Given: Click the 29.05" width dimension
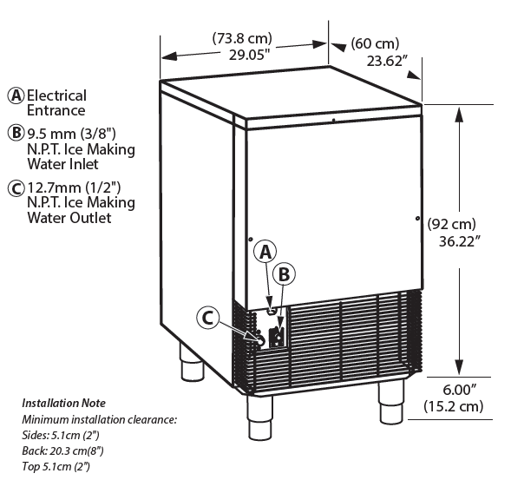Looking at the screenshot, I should tap(242, 54).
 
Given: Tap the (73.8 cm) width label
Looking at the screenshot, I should tap(242, 38).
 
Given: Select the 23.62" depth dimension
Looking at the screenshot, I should tap(387, 60).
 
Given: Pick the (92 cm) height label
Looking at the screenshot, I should tap(452, 224).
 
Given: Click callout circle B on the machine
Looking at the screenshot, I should tap(284, 273).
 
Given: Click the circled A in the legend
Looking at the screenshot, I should tap(15, 95).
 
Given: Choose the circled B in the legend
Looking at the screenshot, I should tap(15, 134).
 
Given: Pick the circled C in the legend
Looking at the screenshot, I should tap(15, 187).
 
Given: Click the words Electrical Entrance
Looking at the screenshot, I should tap(56, 102).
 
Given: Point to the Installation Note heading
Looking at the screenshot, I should tap(63, 404).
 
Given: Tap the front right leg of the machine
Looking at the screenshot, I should tap(391, 399).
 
